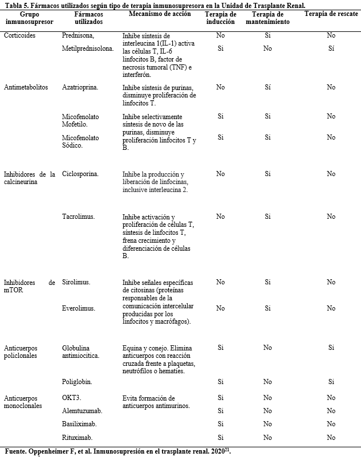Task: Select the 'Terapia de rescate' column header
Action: pos(331,14)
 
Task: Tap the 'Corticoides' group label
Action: pos(21,35)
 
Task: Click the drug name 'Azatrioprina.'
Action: pos(80,87)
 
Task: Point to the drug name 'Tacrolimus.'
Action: pos(78,217)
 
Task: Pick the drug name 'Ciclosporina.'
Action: pos(80,174)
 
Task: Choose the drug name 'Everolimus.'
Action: pos(78,308)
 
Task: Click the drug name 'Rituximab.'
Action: pos(78,438)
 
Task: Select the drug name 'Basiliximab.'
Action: pos(79,424)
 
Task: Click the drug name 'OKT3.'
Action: pos(71,398)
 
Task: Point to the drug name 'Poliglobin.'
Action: pos(77,381)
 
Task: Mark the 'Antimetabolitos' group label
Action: pos(26,87)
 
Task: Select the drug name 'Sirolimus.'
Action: pos(76,282)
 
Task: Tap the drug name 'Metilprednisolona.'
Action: pos(88,48)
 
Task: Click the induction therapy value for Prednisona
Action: pos(220,35)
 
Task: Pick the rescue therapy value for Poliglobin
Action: pos(331,382)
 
